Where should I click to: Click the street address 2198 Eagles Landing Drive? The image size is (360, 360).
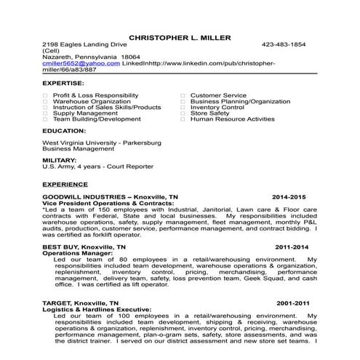(x=80, y=44)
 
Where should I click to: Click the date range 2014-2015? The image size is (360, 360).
(x=289, y=197)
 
